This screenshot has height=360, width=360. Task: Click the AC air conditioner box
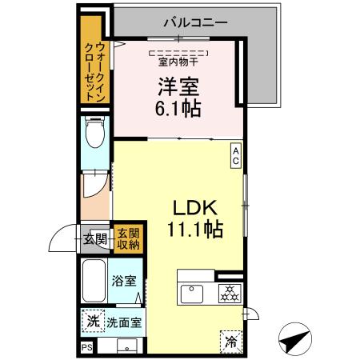click(x=236, y=154)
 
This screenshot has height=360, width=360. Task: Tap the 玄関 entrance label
click(x=95, y=238)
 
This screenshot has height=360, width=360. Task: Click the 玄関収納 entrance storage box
click(x=127, y=238)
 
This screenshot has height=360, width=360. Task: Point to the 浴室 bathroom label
click(x=124, y=282)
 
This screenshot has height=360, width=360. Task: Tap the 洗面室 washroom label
click(x=124, y=323)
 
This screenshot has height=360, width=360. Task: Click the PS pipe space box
click(x=86, y=348)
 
